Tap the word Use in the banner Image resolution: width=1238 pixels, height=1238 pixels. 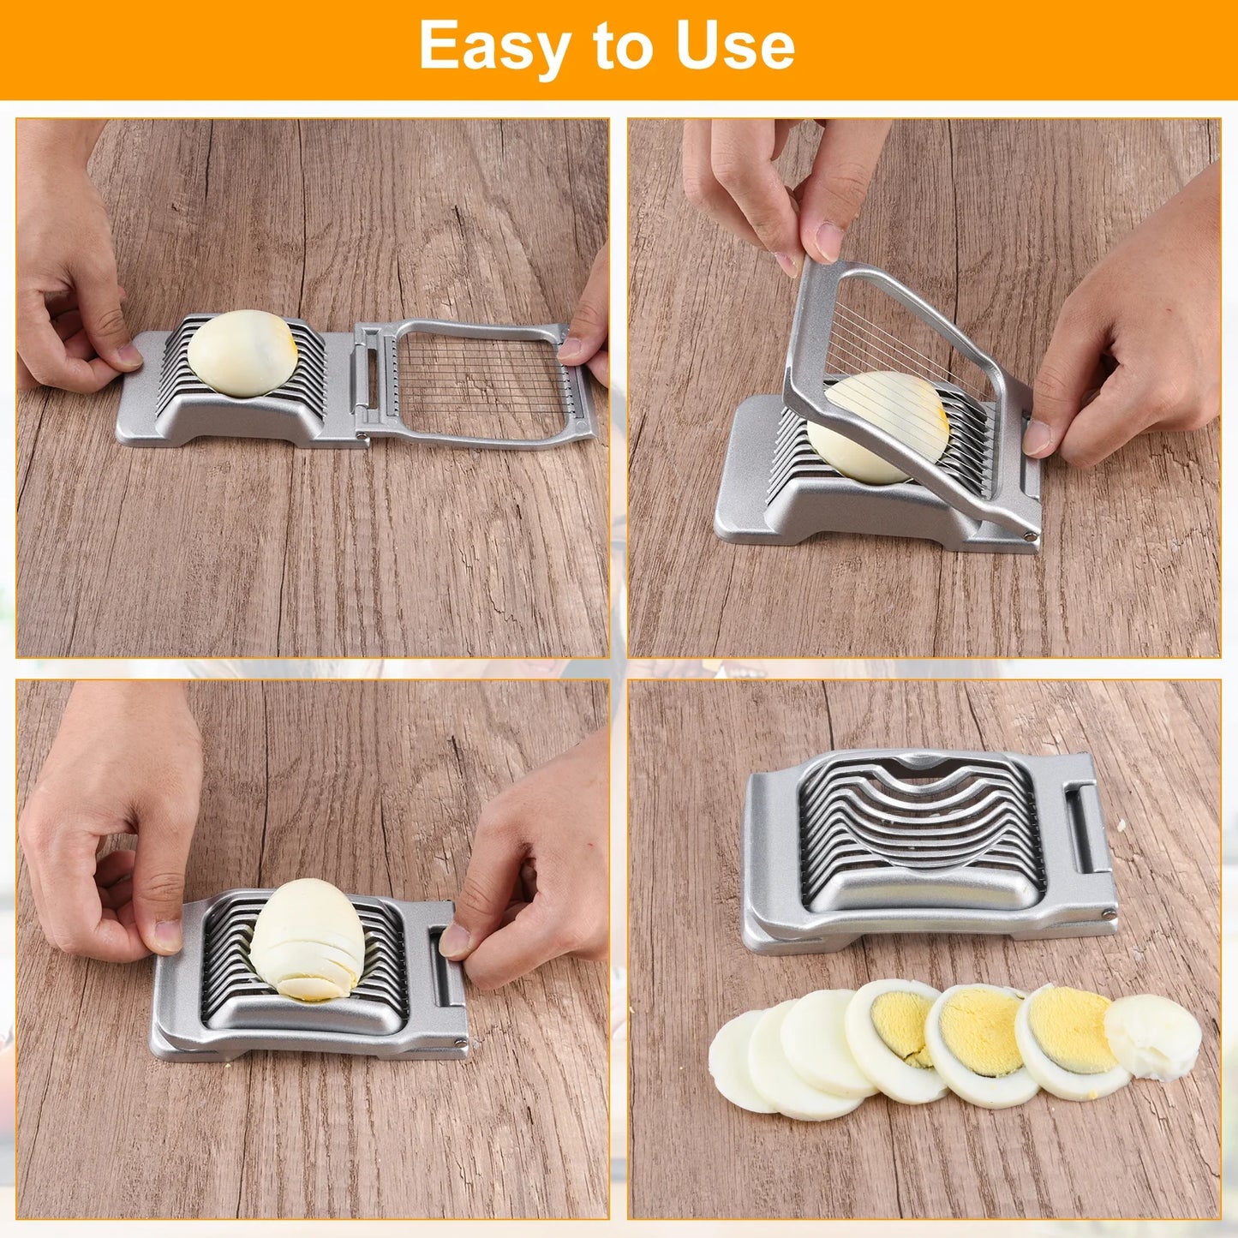(x=735, y=47)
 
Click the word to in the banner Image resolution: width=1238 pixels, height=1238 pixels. (x=614, y=47)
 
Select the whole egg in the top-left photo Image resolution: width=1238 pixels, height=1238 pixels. (x=242, y=353)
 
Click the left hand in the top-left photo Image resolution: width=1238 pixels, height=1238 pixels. (x=69, y=283)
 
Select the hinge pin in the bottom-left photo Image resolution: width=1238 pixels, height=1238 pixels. (x=461, y=1043)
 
